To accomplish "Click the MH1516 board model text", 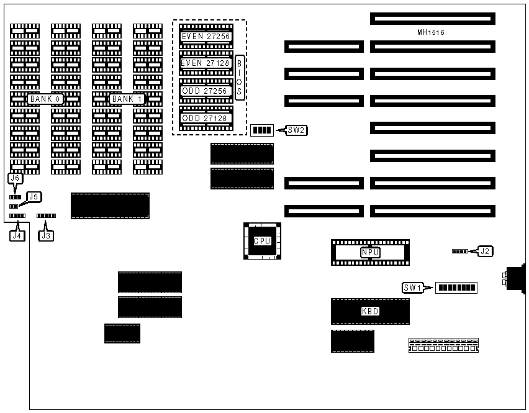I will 431,32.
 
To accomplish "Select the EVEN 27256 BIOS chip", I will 206,37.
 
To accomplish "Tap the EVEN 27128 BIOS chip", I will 206,63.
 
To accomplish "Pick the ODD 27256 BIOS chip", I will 206,91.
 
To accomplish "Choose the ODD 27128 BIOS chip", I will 206,118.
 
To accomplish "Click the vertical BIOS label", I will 240,77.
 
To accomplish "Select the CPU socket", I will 262,241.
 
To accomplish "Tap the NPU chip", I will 370,252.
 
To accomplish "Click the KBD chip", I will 370,311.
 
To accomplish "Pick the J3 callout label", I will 46,235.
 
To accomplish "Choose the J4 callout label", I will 17,235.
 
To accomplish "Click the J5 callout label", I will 34,197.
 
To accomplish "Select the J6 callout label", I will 16,178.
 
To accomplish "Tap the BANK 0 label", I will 45,99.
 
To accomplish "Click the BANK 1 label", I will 127,99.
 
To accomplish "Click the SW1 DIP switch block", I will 456,288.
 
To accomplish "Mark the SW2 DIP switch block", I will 262,130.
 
